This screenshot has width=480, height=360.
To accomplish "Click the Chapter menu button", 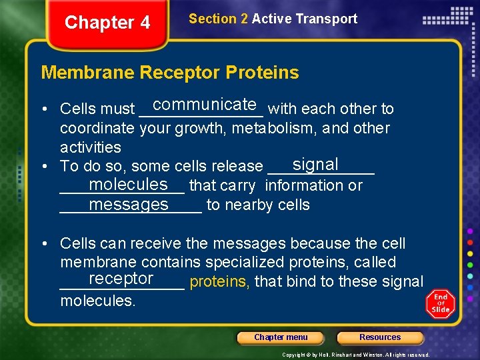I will pyautogui.click(x=281, y=337).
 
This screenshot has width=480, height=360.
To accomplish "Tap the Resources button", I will pyautogui.click(x=380, y=337).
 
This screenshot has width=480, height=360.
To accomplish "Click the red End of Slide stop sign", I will pyautogui.click(x=440, y=303).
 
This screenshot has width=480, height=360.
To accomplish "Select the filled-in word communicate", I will pyautogui.click(x=205, y=105).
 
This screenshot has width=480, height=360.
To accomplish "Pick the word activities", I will pyautogui.click(x=91, y=147).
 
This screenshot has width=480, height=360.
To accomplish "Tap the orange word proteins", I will pyautogui.click(x=219, y=282).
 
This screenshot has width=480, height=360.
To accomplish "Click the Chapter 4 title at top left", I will pyautogui.click(x=107, y=23).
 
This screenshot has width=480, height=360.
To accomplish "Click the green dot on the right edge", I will pyautogui.click(x=471, y=264).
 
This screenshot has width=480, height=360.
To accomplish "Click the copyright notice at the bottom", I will pyautogui.click(x=355, y=355).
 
